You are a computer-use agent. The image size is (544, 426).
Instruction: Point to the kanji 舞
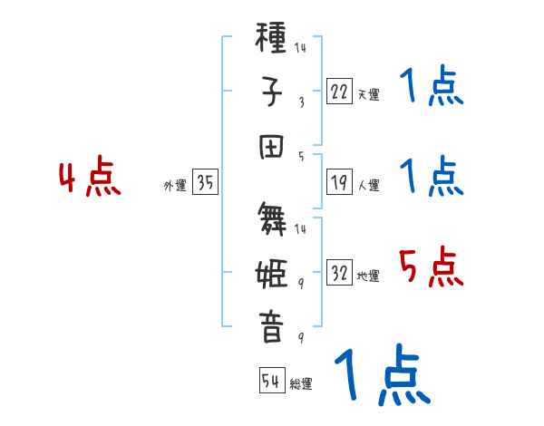point(271,220)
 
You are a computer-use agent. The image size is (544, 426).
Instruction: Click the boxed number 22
point(339,90)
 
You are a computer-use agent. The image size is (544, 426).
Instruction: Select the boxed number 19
point(339,183)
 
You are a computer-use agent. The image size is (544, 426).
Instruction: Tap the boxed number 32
point(339,272)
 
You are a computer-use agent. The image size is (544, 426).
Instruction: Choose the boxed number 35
point(205,183)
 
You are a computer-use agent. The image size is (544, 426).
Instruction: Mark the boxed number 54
point(271,381)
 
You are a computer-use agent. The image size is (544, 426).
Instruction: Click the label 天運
point(368,93)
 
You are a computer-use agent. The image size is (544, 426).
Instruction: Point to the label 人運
point(368,186)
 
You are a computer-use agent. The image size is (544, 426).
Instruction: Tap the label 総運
point(301,383)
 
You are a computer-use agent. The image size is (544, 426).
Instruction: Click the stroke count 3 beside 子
point(301,102)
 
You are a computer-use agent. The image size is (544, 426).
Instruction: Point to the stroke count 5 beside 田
point(301,156)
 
